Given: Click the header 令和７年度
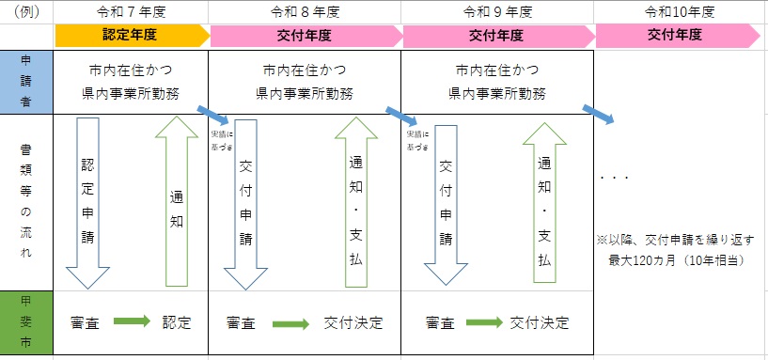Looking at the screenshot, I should pos(132,12).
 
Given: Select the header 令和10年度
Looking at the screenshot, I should pos(680,12).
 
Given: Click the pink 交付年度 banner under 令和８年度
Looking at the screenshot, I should pos(305,35).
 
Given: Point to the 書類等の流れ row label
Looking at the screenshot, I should pos(27,202).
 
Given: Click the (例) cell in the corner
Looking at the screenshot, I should pos(27,12).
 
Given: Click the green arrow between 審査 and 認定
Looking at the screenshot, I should pos(132,321).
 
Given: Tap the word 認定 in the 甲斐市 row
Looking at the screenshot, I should pos(176,322).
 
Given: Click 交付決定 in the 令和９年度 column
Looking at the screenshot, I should pos(540,322).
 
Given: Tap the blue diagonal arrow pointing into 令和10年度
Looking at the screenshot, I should pos(598,114).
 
